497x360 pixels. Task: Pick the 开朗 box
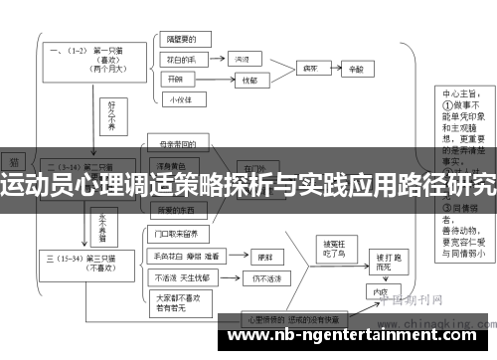(178, 79)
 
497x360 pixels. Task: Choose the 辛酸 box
(357, 69)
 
